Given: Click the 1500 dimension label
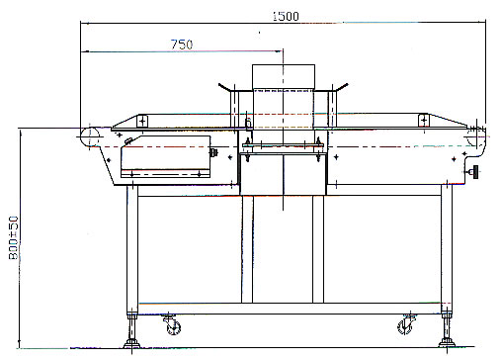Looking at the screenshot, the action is click(x=286, y=16).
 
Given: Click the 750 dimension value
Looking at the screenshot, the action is click(x=182, y=45).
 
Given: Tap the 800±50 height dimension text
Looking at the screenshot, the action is click(x=14, y=237).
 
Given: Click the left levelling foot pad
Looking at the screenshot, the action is click(x=131, y=344).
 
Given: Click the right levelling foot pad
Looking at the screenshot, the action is click(x=447, y=343).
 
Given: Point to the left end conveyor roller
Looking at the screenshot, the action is click(x=90, y=137).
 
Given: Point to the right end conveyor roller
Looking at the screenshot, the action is click(x=476, y=137).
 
